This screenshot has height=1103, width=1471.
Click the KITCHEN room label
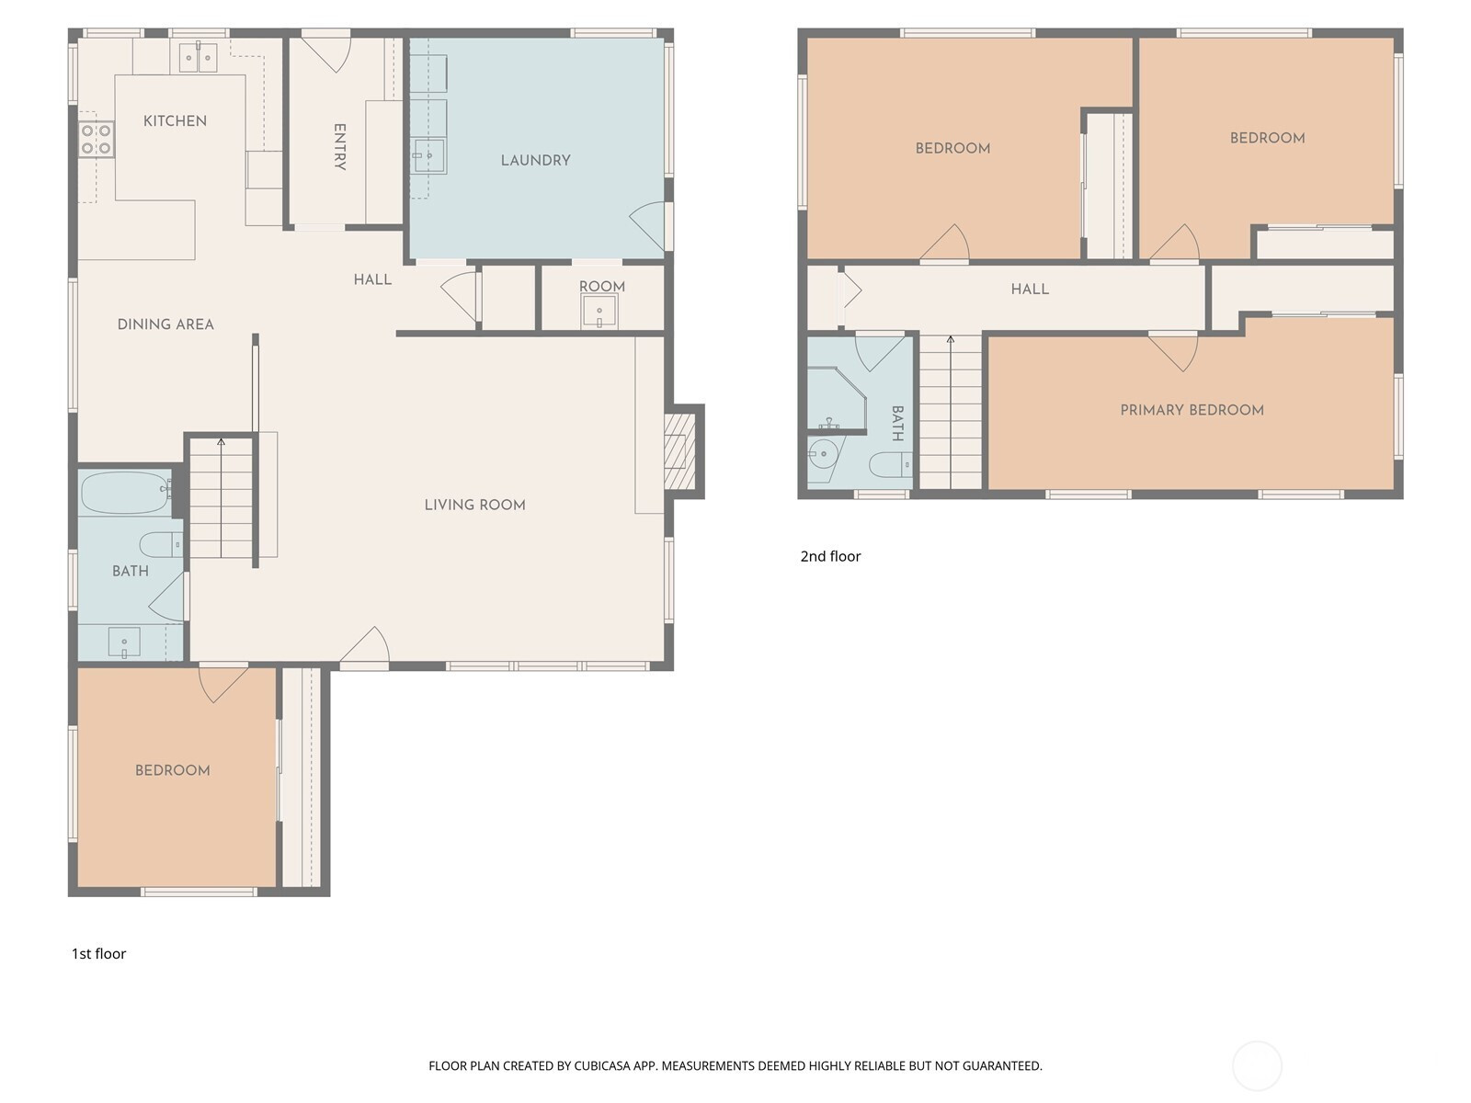pos(175,121)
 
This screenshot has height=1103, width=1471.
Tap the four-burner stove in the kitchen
pos(97,140)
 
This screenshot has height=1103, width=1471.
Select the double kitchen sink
pos(199,57)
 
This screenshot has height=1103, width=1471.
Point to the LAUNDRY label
pos(535,161)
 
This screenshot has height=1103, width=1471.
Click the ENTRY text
pos(340,147)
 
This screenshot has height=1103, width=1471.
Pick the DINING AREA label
pos(165,324)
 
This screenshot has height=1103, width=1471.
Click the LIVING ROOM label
pos(475,505)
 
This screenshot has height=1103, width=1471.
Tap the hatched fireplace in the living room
pos(679,451)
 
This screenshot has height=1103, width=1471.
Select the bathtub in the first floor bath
pos(125,493)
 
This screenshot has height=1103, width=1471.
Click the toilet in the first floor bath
pos(161,544)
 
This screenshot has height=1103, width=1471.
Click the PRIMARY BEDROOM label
pos(1192,411)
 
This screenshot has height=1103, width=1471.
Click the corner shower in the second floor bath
pos(837,398)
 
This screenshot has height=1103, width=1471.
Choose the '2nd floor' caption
pos(830,556)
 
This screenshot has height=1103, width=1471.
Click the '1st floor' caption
pos(98,954)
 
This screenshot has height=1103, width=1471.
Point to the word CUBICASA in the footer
pos(602,1065)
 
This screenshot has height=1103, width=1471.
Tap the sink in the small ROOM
pos(599,312)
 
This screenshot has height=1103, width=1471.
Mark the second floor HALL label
pos(1030,290)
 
